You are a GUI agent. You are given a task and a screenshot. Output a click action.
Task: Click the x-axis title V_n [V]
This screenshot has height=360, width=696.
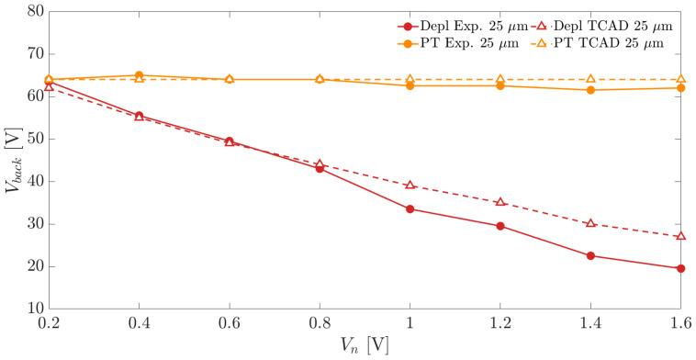point(365,346)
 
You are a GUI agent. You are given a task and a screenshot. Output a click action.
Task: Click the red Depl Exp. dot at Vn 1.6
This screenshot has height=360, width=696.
point(680,268)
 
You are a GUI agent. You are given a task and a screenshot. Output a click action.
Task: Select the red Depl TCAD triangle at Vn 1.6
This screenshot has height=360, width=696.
point(680,236)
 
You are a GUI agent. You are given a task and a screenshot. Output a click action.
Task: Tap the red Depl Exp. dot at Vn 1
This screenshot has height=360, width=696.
point(410,208)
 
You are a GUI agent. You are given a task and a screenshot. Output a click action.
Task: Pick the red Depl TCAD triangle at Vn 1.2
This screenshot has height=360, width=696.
point(500,202)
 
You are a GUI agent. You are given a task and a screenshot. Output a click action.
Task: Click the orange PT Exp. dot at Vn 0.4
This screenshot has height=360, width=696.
point(139,75)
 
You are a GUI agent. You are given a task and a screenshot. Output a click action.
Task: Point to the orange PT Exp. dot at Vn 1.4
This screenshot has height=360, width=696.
point(590,90)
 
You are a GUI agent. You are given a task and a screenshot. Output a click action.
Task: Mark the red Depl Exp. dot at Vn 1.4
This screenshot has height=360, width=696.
point(590,255)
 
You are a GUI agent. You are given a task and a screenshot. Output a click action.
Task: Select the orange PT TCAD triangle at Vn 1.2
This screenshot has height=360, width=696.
point(500,79)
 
